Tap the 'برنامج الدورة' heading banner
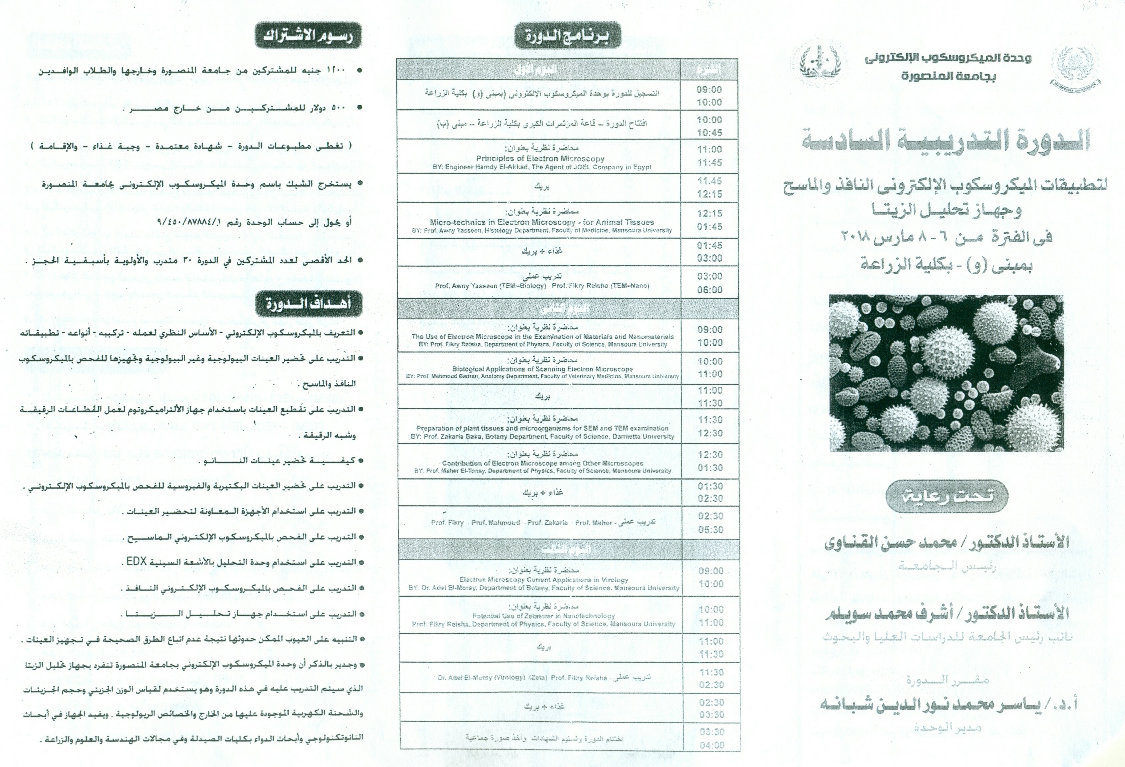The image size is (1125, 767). coord(567,35)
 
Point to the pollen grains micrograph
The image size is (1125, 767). coord(946,373)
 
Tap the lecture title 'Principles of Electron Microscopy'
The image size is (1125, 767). coord(540,158)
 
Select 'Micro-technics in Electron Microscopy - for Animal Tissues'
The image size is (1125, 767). coord(542,222)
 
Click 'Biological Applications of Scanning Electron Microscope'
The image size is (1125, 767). coord(542,369)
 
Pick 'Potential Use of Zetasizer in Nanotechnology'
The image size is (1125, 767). coord(543,616)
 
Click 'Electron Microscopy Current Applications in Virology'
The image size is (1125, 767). coord(544,580)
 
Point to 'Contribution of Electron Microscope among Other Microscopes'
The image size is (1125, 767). coord(542,463)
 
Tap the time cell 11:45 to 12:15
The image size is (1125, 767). coord(709,187)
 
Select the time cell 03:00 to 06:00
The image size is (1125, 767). coord(709,283)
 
